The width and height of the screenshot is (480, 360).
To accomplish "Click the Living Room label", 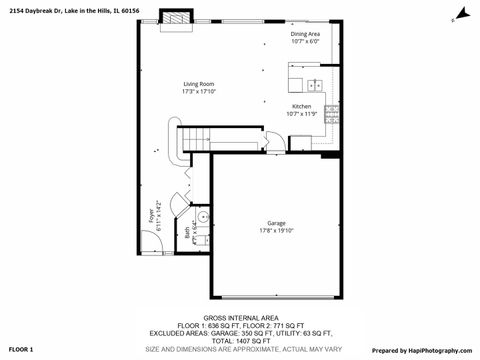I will pos(197,83).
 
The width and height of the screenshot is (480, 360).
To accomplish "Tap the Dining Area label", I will pos(305,34).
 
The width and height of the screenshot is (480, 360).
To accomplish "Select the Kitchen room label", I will pos(301,107).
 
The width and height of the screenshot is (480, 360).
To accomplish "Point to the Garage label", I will pos(276,222).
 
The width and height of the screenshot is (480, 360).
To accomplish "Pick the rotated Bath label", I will pos(186,231).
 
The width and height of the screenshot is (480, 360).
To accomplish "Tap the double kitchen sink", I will pos(315,85).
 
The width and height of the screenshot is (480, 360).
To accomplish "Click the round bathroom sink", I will pos(202,216).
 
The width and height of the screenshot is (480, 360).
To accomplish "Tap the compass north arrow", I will pos(461,14).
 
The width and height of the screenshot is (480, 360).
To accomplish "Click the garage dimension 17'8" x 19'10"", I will pos(276,230).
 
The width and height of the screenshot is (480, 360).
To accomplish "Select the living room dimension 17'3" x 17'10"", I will pos(197,91).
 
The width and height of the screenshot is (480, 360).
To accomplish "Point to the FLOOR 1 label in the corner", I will pos(20,350).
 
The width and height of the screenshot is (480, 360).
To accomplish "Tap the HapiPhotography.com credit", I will pos(436,350).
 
